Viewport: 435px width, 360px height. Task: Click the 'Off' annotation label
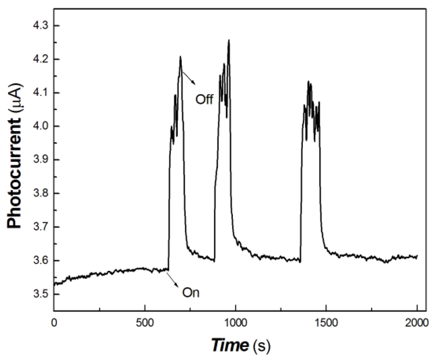204,99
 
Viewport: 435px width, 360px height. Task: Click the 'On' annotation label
191,293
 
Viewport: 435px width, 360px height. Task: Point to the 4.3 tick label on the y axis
41,26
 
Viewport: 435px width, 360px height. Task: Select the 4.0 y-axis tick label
41,126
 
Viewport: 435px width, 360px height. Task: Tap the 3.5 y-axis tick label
41,294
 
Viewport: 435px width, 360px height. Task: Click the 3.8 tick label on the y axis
41,193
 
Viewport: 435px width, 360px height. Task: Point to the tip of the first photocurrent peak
180,57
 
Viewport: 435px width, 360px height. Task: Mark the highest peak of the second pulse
229,40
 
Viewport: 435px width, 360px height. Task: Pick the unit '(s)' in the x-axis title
261,345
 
